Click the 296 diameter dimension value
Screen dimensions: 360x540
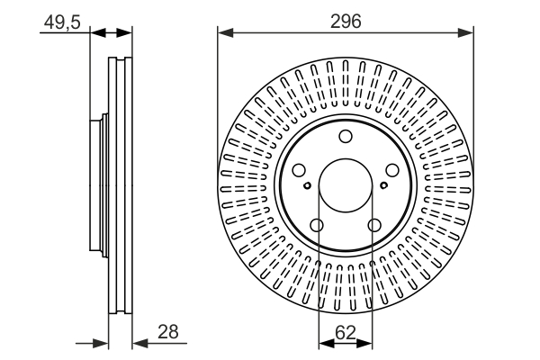point(346,21)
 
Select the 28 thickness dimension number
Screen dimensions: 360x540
point(166,332)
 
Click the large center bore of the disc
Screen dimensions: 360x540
point(346,184)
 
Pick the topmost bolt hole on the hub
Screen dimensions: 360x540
point(346,137)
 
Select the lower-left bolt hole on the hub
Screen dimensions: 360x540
point(318,225)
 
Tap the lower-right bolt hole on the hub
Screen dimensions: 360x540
point(373,225)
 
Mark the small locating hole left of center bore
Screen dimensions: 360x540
point(307,186)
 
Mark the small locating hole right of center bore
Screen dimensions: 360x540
point(384,186)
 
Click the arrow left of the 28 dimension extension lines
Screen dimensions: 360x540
point(101,343)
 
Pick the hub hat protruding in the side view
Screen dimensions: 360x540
point(97,184)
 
